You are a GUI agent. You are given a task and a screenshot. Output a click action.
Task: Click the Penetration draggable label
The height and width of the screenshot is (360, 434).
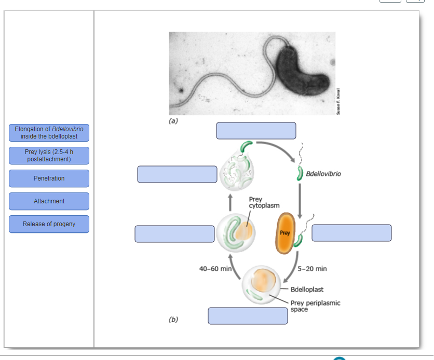49,178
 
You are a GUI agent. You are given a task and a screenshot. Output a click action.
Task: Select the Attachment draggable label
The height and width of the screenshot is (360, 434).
49,201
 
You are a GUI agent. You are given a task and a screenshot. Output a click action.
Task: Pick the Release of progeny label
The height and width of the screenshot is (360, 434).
49,224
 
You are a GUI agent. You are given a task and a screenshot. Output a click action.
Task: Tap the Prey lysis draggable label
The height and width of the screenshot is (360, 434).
49,156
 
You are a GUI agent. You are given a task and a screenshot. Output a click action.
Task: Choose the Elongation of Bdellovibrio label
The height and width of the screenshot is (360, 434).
49,133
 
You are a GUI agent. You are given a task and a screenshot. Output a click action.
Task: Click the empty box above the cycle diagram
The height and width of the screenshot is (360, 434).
256,131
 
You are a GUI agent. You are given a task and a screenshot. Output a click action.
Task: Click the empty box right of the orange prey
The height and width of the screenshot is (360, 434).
351,233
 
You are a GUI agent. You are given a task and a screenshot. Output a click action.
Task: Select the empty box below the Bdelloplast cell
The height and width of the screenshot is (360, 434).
248,316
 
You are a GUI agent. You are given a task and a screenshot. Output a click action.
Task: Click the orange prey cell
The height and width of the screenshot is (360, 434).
285,233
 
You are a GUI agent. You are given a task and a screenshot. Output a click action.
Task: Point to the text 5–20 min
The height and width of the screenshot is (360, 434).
313,269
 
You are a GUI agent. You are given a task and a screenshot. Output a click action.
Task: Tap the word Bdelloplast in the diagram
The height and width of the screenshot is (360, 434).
307,289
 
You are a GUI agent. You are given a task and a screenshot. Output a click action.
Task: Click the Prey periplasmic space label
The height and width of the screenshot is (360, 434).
315,306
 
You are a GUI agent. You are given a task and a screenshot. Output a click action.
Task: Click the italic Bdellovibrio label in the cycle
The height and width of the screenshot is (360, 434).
323,174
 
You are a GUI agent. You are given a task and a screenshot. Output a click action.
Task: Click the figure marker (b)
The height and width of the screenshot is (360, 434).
173,319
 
